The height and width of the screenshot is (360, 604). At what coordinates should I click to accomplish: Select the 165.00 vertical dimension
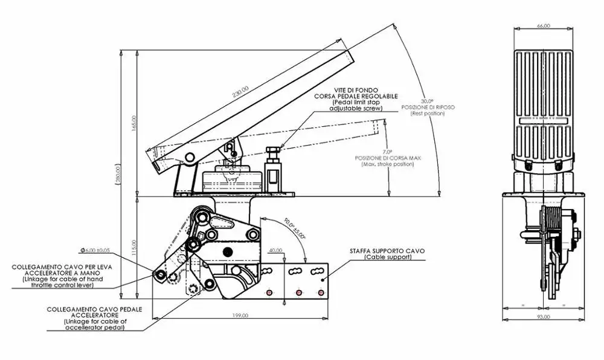coord(134,123)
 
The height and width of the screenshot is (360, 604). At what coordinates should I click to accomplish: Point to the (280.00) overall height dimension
coord(119,173)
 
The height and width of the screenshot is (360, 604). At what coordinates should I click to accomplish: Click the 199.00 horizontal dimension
coord(240,315)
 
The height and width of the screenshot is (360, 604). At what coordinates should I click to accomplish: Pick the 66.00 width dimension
coord(543,26)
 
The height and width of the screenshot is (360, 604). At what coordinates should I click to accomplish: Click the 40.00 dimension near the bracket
coord(276,249)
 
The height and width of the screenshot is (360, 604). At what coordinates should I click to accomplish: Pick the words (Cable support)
coord(387,257)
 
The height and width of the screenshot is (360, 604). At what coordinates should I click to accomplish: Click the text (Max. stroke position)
coord(388,164)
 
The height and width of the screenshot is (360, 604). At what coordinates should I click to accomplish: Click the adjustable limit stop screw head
coord(273,149)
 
